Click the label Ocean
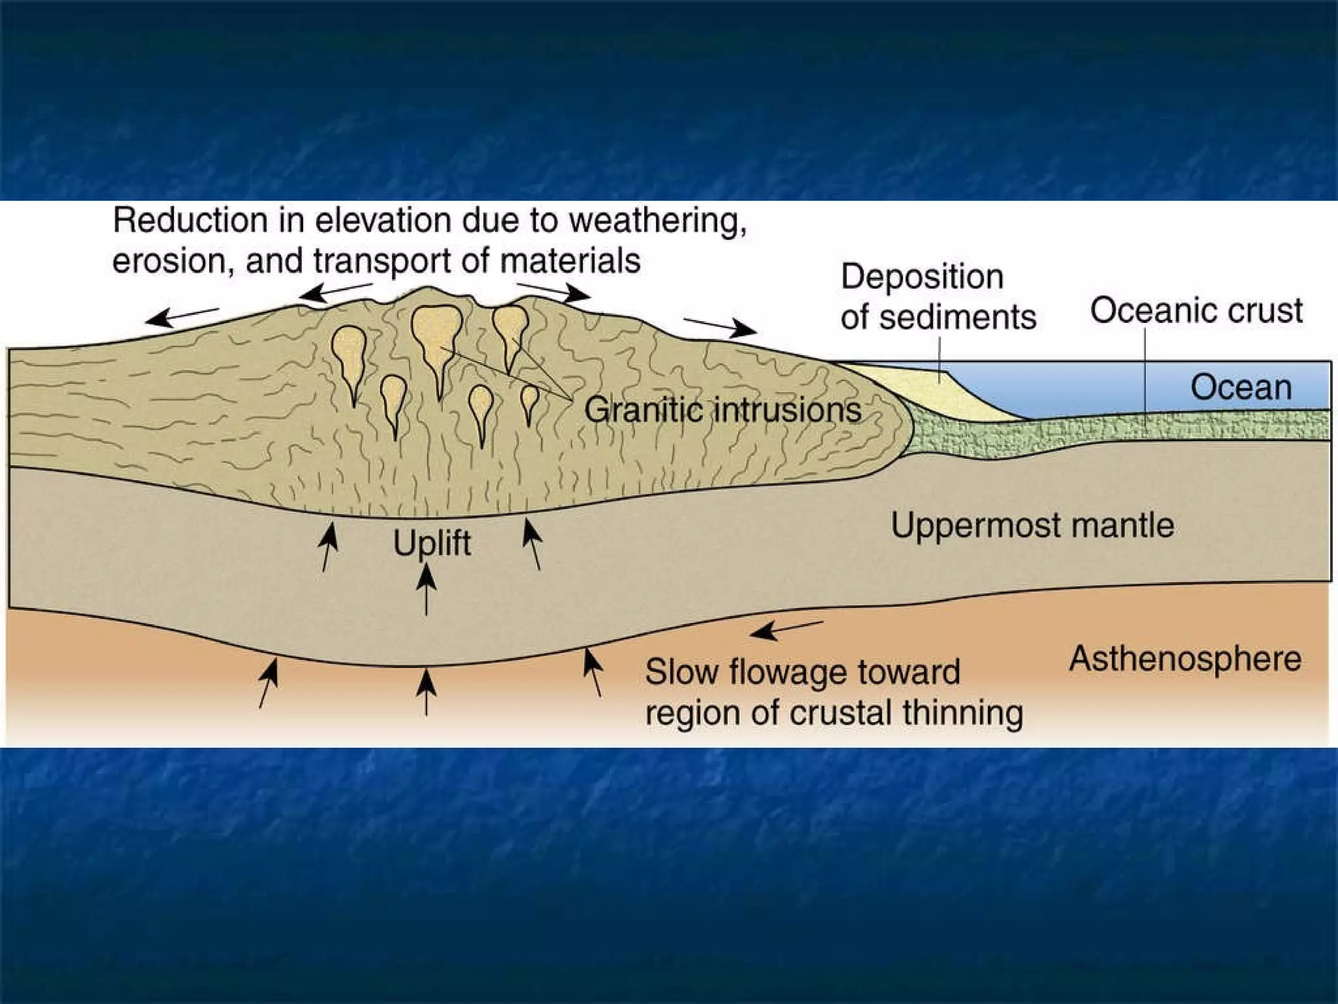(1241, 388)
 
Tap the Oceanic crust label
(1196, 310)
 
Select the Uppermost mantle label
(1032, 525)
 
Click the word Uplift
(432, 543)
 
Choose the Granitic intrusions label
(723, 410)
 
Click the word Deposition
(922, 276)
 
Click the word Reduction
(189, 221)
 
